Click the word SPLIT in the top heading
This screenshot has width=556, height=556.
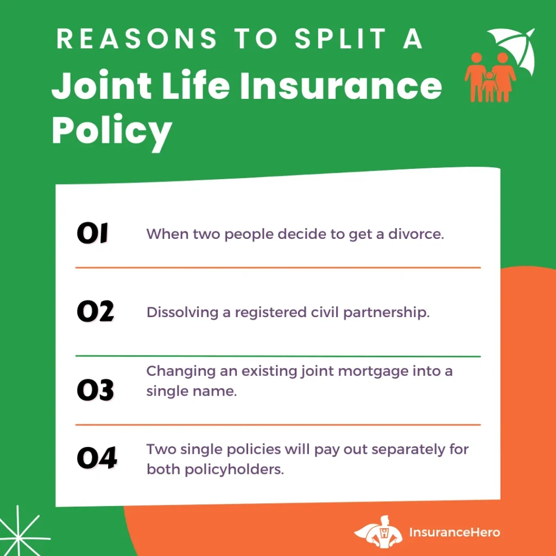tap(340, 39)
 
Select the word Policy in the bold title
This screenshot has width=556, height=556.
tap(112, 132)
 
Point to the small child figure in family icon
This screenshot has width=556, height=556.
tap(490, 86)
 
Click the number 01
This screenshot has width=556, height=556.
tap(92, 233)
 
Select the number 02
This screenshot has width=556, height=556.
tap(96, 311)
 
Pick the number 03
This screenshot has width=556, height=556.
tap(96, 390)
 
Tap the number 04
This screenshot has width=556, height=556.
tap(97, 458)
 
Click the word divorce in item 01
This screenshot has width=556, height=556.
tap(416, 234)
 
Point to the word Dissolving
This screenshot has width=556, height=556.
tap(182, 312)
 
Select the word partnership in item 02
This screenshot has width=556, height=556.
tap(387, 313)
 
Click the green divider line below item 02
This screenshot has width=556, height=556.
tap(278, 356)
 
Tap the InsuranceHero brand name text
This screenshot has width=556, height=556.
tap(454, 532)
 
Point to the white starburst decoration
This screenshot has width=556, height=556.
tap(20, 532)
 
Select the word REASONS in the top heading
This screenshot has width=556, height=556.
tap(136, 39)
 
